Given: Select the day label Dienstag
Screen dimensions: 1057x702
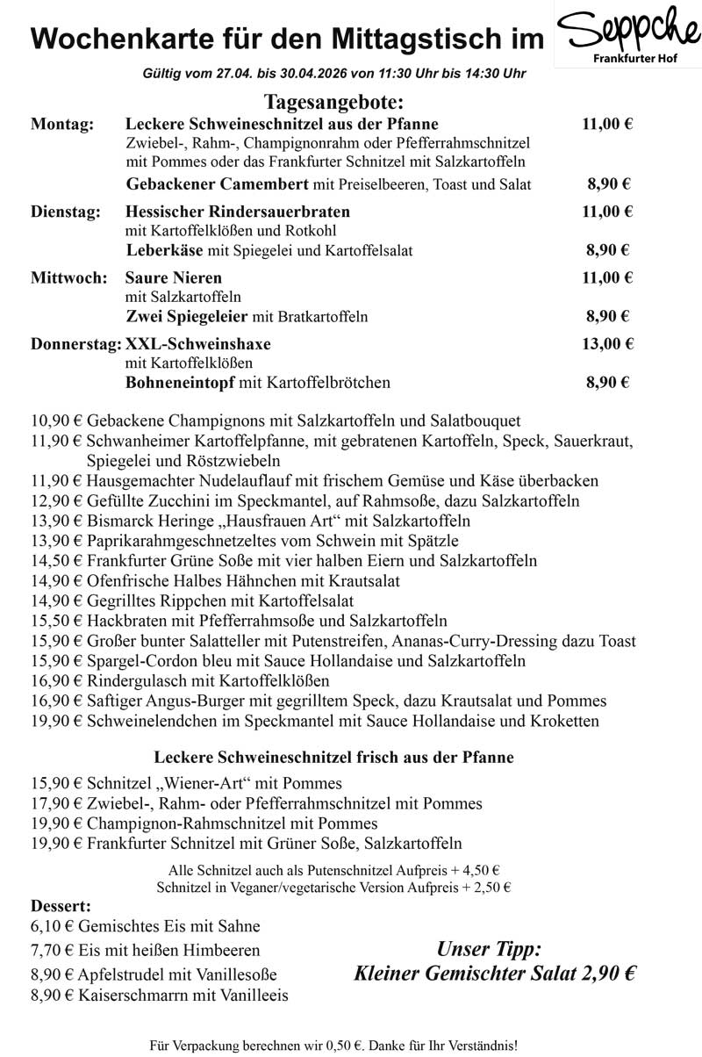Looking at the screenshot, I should [66, 212].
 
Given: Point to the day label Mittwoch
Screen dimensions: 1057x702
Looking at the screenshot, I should [69, 278].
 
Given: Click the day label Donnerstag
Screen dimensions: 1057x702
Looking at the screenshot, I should [76, 343].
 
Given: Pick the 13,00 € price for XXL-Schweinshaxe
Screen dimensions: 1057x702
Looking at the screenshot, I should [607, 343].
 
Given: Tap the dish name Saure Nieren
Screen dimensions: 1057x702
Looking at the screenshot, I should [174, 278].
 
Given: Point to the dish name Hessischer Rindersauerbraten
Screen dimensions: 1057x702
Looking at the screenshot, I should [238, 212].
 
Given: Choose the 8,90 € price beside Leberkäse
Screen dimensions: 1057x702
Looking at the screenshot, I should [608, 250].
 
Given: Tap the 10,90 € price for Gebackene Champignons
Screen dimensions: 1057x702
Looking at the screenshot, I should [56, 421].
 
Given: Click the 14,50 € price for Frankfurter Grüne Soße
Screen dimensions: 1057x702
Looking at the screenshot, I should [56, 560].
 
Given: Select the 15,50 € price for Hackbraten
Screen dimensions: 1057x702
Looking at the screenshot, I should [56, 620].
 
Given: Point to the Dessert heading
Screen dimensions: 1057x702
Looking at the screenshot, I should [61, 905].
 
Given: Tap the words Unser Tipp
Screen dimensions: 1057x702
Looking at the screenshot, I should [489, 949].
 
